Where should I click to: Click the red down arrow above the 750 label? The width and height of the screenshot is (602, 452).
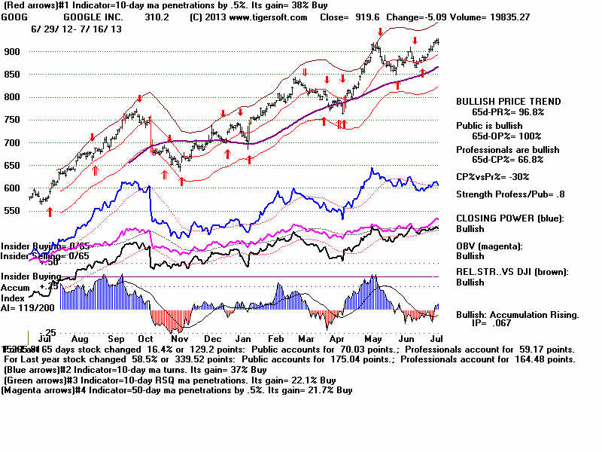point(139,99)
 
